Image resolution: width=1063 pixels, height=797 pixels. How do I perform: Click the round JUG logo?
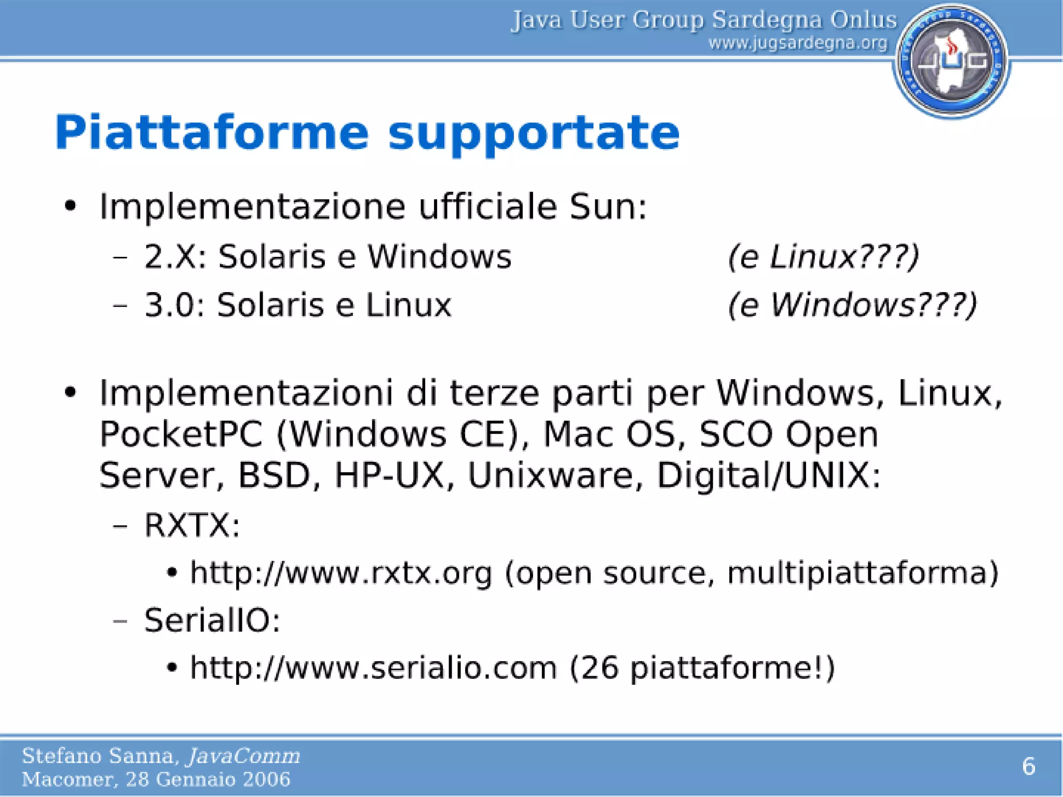951,61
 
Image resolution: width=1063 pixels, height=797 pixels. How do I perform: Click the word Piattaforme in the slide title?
211,133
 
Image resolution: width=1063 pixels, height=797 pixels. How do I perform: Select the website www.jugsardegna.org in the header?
798,43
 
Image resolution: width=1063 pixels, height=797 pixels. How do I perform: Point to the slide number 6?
1028,766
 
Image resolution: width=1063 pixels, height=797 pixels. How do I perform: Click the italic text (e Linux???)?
823,256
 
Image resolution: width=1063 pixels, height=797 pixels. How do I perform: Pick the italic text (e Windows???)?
852,305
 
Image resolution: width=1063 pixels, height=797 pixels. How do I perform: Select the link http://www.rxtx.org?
340,573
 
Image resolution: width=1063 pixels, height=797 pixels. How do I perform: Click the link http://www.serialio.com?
373,667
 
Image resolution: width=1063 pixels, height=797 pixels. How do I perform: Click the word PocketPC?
181,434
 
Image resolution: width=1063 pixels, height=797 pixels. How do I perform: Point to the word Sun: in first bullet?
608,207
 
